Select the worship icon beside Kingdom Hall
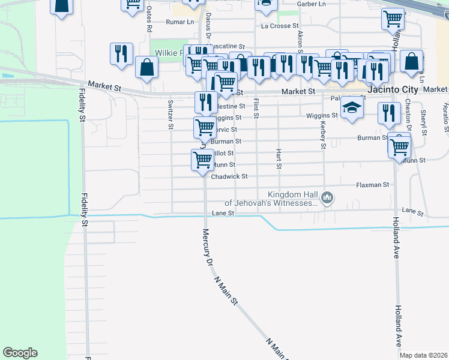327,197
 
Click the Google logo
20,353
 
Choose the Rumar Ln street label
181,22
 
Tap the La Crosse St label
280,26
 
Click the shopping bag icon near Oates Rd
147,68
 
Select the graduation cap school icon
352,108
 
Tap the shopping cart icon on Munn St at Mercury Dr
202,160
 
